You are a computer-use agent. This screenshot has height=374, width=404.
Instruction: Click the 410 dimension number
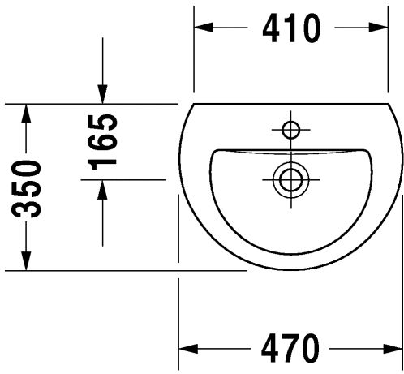pos(291,28)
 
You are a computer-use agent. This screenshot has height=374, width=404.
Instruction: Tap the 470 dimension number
pos(290,348)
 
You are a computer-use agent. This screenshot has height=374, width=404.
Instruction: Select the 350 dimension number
pos(26,189)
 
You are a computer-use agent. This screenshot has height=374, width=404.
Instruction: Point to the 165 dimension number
pos(102,141)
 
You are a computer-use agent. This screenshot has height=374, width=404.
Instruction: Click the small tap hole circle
pos(291,130)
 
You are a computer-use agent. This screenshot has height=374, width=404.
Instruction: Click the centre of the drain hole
pos(291,179)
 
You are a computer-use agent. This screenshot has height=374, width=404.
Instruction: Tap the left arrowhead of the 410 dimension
pos(204,28)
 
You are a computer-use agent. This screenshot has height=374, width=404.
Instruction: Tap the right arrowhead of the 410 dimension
pos(378,28)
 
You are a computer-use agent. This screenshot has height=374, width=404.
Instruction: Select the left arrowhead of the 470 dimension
pos(188,348)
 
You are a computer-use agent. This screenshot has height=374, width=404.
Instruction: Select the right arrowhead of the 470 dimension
pos(393,348)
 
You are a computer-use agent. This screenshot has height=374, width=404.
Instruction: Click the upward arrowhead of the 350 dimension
pos(26,114)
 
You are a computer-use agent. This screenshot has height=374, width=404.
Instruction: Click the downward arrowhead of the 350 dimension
pos(26,260)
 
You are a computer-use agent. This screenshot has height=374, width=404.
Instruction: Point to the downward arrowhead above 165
pos(102,94)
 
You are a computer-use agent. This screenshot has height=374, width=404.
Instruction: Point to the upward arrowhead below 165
pos(102,190)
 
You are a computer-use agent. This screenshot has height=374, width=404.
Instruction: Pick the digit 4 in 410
pos(272,28)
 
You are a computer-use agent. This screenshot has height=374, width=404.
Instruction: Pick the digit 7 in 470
pos(290,348)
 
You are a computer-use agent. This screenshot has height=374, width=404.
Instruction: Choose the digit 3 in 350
pos(26,208)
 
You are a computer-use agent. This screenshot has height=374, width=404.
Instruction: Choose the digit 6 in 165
pos(102,141)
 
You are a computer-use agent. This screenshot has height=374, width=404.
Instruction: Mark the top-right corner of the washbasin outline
pos(389,104)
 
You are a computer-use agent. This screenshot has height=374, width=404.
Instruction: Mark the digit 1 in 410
pos(292,28)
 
